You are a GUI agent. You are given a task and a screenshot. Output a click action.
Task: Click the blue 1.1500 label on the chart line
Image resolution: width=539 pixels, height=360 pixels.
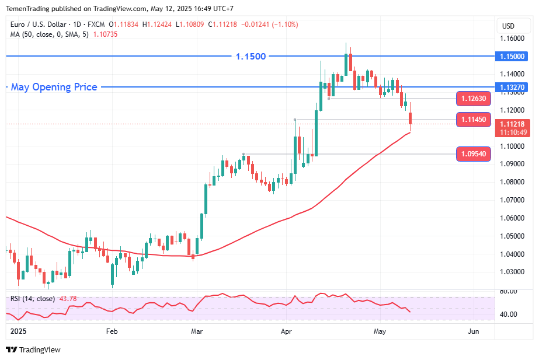(251, 57)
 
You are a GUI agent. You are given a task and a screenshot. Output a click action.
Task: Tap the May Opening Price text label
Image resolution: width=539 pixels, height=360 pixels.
(54, 88)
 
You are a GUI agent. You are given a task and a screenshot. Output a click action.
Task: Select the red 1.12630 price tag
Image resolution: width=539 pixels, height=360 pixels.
(474, 98)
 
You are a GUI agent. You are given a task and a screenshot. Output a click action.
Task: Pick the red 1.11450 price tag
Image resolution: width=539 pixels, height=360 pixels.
(474, 120)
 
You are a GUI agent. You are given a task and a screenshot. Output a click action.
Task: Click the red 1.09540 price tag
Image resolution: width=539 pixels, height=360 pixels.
(474, 154)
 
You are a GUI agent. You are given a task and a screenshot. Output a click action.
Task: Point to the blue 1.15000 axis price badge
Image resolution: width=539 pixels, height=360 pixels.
(512, 57)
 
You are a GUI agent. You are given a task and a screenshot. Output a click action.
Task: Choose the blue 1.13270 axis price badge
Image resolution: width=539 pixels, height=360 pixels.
(512, 88)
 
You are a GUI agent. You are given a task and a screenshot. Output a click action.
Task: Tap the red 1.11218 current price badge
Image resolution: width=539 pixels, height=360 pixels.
(512, 124)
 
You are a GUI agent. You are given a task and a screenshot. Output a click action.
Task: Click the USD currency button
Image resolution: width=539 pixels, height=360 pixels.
(508, 26)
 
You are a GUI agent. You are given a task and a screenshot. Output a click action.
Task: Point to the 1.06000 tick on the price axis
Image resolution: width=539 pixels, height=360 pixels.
(512, 218)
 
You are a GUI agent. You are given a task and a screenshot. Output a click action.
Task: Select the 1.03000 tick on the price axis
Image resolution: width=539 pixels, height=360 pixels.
(512, 272)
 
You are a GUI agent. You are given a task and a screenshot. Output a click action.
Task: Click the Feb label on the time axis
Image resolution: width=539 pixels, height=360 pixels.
(112, 331)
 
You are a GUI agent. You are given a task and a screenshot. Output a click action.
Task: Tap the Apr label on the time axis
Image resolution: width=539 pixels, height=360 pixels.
(286, 331)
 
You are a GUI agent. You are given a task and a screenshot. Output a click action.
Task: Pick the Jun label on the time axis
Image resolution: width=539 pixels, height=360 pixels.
(474, 331)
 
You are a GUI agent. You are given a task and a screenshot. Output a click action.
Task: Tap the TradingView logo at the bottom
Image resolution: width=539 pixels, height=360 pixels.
(33, 349)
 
